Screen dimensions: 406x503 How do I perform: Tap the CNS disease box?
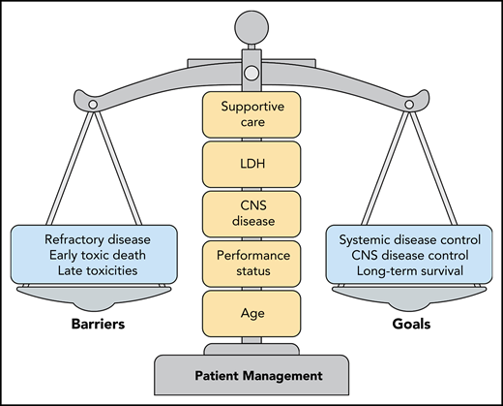(251, 212)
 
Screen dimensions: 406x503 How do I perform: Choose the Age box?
(251, 313)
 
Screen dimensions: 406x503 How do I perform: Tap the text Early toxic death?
(95, 256)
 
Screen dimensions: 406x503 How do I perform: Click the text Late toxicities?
(95, 271)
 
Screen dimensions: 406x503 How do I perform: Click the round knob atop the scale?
(251, 26)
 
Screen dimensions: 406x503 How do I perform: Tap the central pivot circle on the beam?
(251, 72)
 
